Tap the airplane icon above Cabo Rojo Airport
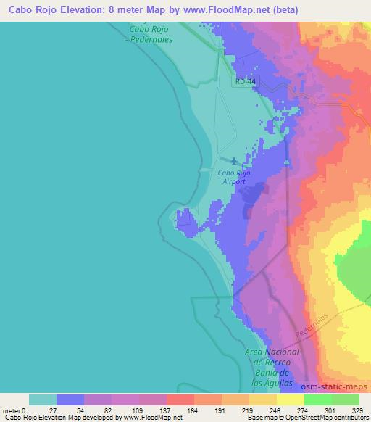[x=234, y=162]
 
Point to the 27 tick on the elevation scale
[x=57, y=410]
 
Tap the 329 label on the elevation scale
[x=359, y=410]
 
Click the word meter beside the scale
[x=12, y=410]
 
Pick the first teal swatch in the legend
[x=43, y=400]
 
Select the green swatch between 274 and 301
[x=318, y=400]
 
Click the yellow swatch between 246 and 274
[x=291, y=400]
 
